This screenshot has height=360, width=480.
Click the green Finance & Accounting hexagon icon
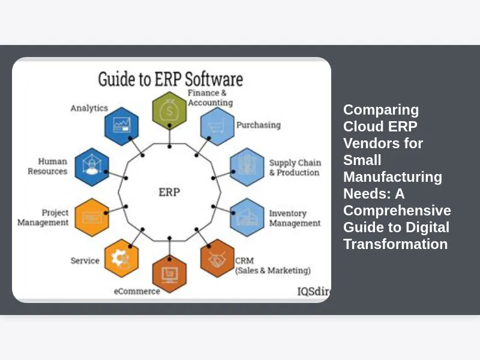coord(169,110)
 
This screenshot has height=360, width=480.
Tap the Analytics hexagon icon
coord(122,126)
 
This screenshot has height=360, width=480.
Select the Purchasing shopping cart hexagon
coord(217,126)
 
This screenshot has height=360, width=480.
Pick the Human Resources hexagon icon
coord(92,167)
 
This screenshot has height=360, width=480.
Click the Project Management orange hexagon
coord(92,217)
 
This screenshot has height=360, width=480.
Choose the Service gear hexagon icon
coord(121,258)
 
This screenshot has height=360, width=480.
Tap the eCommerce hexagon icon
coord(169,274)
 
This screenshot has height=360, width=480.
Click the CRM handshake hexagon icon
coord(217,258)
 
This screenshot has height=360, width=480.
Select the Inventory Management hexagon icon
coord(247,217)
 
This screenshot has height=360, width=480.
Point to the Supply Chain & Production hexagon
coord(247,167)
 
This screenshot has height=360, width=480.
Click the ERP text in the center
coord(169,193)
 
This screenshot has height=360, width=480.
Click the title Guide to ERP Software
coord(171,79)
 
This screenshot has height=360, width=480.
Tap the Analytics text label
coord(89,108)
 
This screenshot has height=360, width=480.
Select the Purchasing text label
coord(258,125)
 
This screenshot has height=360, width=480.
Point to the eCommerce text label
coord(137,292)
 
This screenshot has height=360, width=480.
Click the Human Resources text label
coord(50,166)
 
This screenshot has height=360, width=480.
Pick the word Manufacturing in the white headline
coord(392,177)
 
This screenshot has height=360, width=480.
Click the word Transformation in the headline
coord(395,244)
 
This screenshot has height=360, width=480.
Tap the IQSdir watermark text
coord(314,292)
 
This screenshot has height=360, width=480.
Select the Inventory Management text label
coord(295,218)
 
